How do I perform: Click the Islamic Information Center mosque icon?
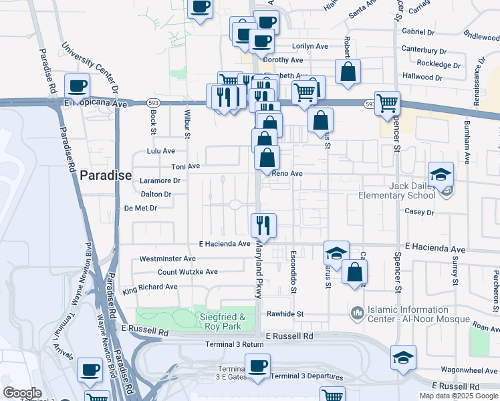click(x=356, y=312)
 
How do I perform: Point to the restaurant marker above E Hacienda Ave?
click(x=263, y=225)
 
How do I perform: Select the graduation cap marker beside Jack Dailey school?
click(x=441, y=175)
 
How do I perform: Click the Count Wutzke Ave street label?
click(x=188, y=272)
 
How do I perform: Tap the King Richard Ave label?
click(x=150, y=287)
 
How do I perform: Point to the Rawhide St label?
click(x=285, y=313)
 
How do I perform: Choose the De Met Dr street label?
click(x=140, y=208)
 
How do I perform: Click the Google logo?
click(x=23, y=394)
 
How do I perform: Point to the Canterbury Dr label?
click(x=424, y=50)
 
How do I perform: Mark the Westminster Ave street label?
click(x=167, y=259)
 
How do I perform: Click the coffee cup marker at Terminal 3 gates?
click(x=257, y=366)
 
